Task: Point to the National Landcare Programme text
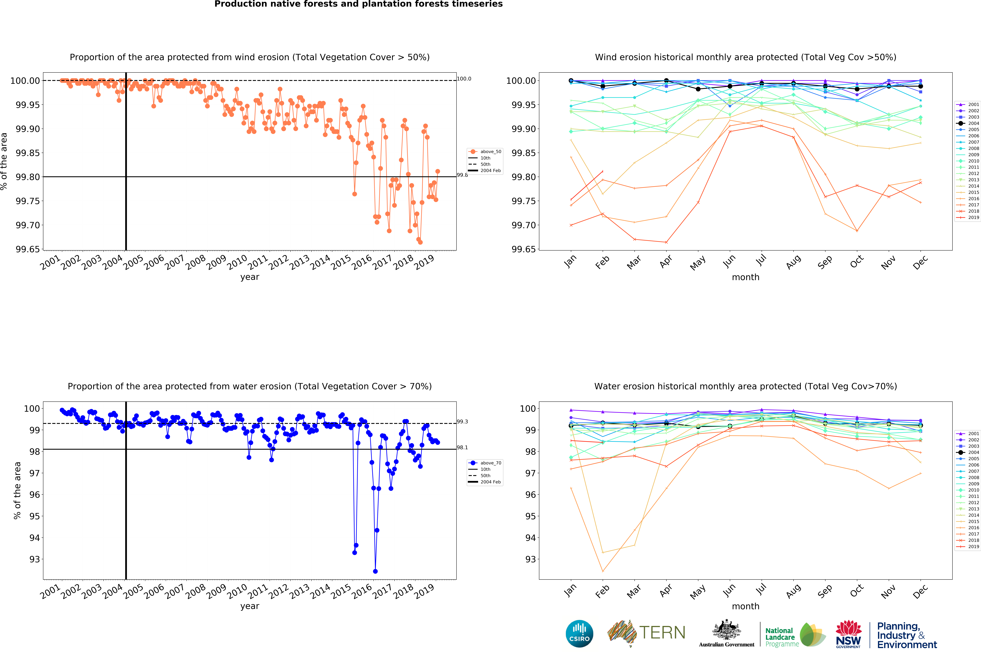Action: pyautogui.click(x=780, y=637)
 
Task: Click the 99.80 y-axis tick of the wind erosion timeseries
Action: pyautogui.click(x=28, y=177)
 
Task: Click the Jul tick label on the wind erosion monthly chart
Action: pyautogui.click(x=761, y=261)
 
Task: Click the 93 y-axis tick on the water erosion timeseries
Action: pyautogui.click(x=34, y=559)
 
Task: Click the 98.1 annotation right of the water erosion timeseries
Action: pyautogui.click(x=462, y=448)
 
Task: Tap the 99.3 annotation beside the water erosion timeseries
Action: pyautogui.click(x=462, y=422)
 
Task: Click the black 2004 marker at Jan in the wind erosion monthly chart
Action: pyautogui.click(x=571, y=81)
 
